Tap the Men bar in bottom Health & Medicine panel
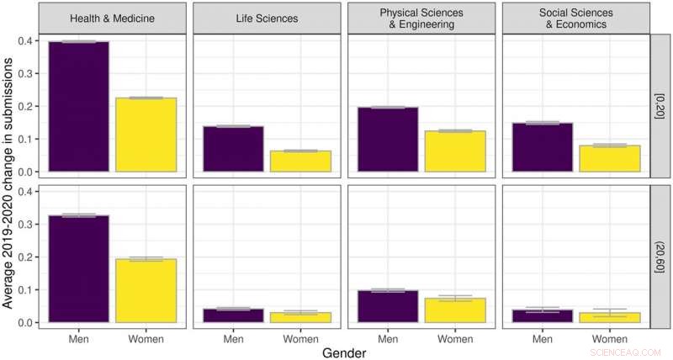click(78, 269)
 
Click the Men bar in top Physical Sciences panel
click(388, 140)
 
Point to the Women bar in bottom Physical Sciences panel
click(455, 310)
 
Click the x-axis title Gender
click(344, 353)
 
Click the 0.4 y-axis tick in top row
click(29, 41)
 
